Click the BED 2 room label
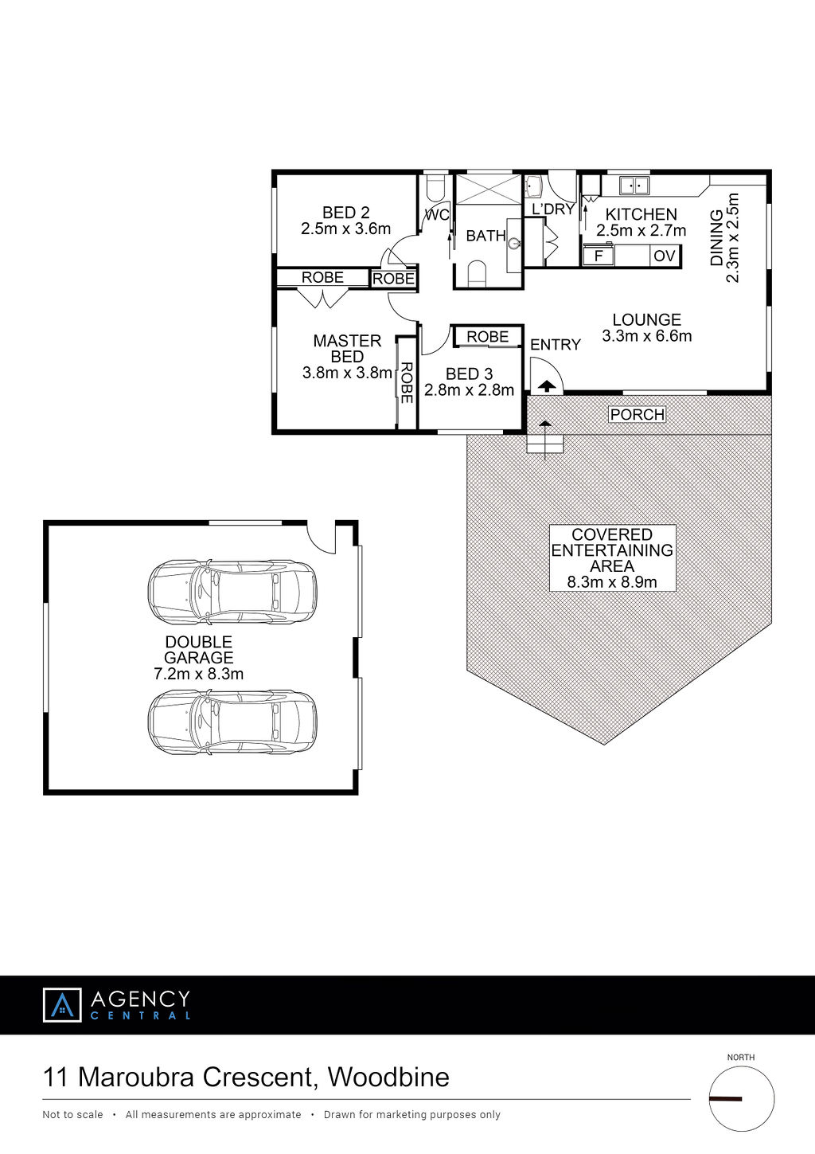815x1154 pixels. [346, 213]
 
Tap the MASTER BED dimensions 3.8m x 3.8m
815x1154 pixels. [347, 373]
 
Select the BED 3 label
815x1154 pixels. [469, 374]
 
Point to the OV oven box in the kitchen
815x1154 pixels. [664, 256]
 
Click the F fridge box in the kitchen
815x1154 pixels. [599, 256]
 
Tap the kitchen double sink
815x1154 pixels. [634, 185]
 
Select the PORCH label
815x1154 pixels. [637, 414]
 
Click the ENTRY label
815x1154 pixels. [556, 344]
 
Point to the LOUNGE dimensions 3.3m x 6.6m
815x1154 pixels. [646, 336]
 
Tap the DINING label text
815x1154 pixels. [716, 237]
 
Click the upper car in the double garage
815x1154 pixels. [232, 593]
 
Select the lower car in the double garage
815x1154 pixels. [232, 722]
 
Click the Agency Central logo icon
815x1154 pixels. [62, 1004]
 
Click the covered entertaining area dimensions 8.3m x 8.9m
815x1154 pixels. [611, 582]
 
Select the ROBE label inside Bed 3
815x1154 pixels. [488, 336]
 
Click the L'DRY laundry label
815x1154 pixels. [553, 209]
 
